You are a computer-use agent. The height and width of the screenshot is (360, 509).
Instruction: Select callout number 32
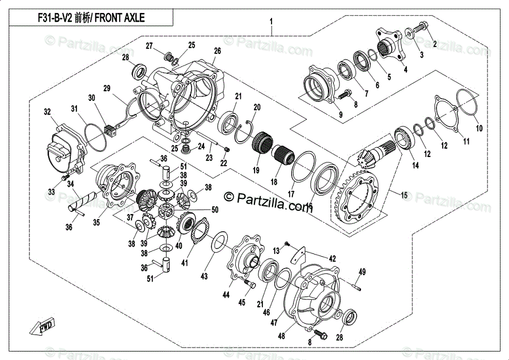tap(48, 111)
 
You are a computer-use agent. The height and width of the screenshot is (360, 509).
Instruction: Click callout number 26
tap(217, 50)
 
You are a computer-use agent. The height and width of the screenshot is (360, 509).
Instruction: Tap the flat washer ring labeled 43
tap(219, 244)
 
